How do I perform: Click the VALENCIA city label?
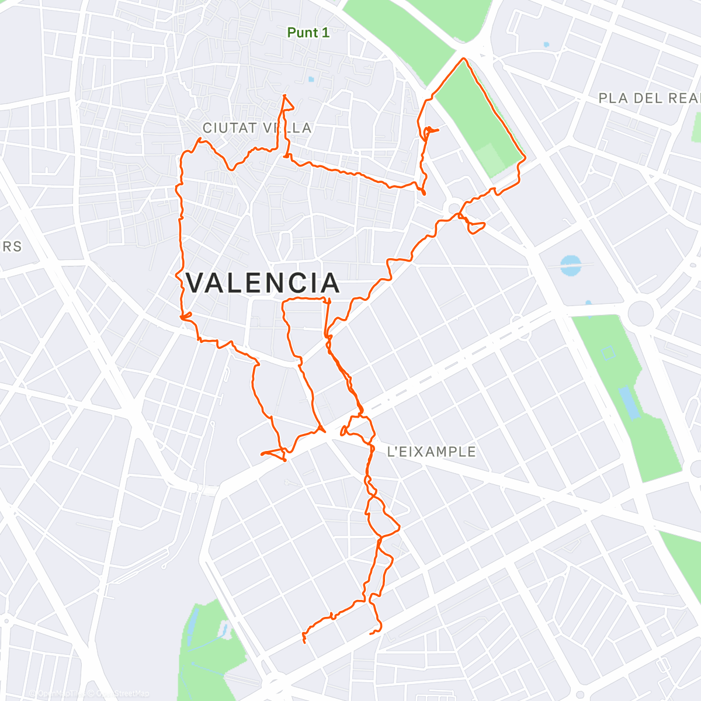coord(262,283)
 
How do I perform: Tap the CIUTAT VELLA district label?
coord(257,128)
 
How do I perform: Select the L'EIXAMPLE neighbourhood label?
coord(432,452)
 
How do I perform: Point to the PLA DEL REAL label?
coord(648,98)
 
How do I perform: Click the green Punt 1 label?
coord(308,33)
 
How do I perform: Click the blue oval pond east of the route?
coord(571,265)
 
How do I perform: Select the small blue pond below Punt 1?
coord(311,79)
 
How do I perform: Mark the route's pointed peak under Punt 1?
coord(284,96)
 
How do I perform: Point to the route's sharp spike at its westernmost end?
coord(262,453)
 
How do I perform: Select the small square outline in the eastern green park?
coord(608,353)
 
